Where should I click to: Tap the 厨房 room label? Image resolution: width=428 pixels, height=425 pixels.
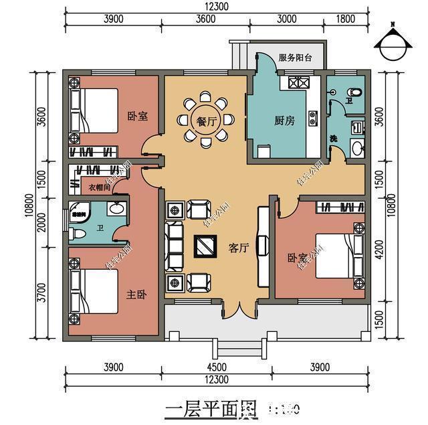pos(284,121)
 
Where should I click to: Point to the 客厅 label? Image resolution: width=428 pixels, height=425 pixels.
pos(239,248)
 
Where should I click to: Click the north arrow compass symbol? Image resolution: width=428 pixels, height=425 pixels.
pos(393,41)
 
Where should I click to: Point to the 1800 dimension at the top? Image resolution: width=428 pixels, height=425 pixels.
pos(346,19)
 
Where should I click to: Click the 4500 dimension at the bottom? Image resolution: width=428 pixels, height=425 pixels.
pos(216,367)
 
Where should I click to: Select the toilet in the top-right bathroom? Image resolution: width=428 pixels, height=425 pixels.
pos(354,91)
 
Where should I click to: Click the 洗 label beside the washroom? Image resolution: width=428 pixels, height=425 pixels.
pos(333,139)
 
